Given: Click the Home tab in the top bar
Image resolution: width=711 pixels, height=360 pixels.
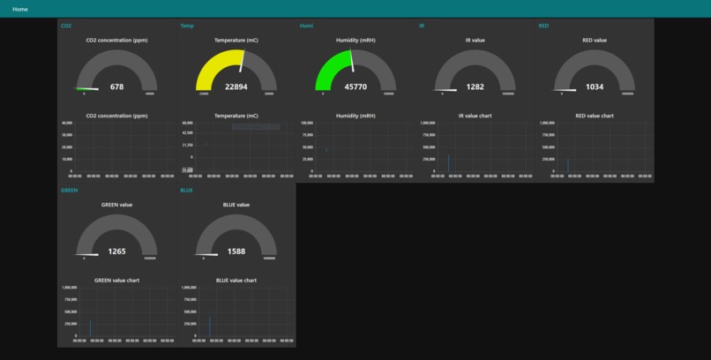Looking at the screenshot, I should [x=19, y=9].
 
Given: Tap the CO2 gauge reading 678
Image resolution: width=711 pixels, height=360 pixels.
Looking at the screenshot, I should [x=117, y=87].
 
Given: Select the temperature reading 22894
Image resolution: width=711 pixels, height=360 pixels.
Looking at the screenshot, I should [x=236, y=87].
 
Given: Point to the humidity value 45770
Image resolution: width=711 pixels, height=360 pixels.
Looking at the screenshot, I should [x=355, y=87].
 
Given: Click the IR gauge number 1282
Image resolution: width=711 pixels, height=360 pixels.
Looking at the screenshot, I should [x=475, y=87].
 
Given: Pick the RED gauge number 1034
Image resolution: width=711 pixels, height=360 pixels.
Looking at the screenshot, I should [x=595, y=87].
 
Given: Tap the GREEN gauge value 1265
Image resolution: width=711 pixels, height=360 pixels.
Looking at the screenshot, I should [x=117, y=251].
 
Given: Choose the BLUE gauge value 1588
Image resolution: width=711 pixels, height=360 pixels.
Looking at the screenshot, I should [x=236, y=251].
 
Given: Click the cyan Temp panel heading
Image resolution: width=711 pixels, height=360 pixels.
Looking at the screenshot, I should [x=187, y=26].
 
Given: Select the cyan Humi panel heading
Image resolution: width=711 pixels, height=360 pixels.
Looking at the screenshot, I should [x=306, y=26].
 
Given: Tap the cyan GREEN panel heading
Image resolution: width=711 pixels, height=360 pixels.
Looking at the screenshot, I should [x=69, y=190].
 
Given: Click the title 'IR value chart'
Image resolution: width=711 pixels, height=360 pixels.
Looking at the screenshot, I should [x=475, y=116].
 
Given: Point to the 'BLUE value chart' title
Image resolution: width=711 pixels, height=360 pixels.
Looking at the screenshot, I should [x=236, y=280].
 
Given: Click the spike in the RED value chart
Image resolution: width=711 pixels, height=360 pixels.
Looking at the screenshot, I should [x=567, y=165].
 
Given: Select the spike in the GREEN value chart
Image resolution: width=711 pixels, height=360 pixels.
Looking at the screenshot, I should [x=90, y=327].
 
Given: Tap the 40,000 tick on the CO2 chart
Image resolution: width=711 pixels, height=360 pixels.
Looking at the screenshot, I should [x=67, y=123].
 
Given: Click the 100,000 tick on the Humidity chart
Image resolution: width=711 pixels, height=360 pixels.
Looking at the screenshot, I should [x=307, y=123].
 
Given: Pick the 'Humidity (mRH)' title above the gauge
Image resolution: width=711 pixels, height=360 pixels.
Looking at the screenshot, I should [x=355, y=41].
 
